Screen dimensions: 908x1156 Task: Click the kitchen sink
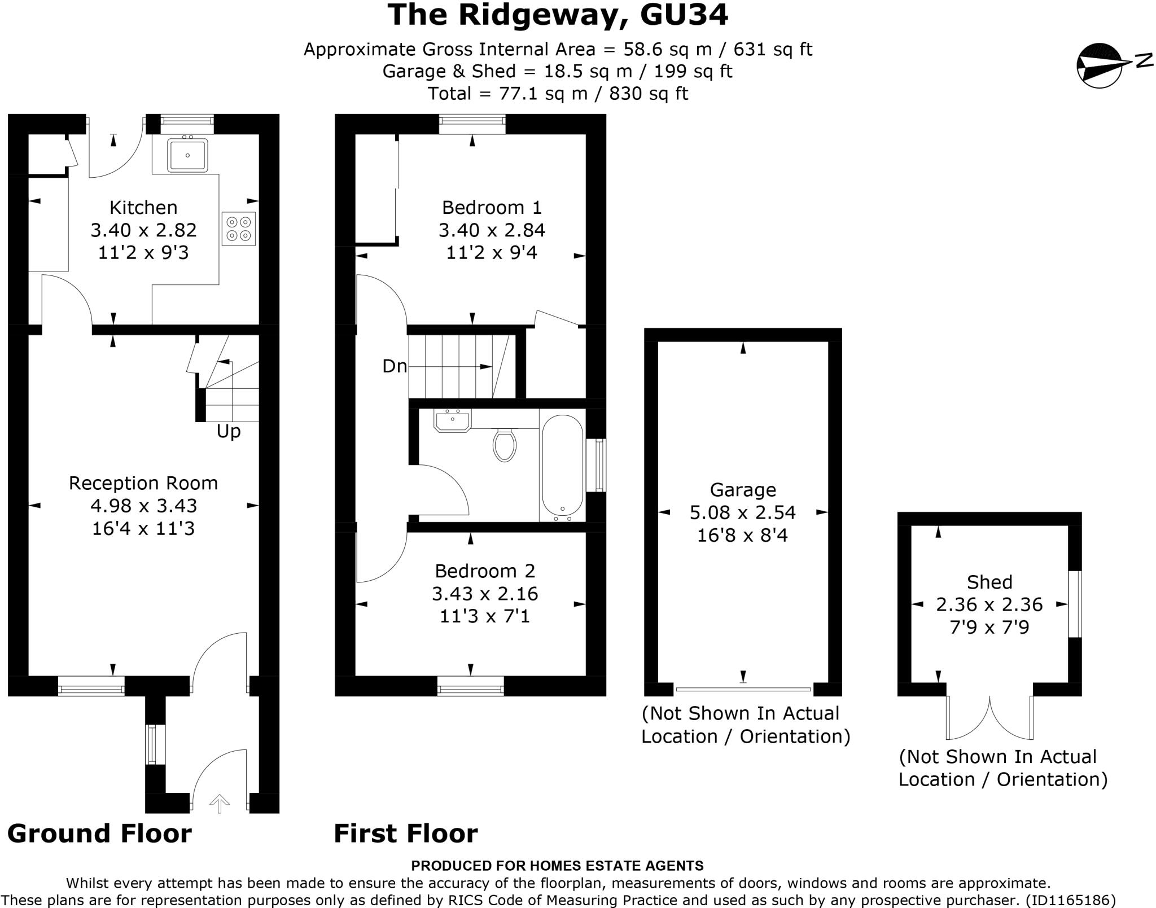point(187,155)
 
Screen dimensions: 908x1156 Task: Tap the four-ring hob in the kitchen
point(238,229)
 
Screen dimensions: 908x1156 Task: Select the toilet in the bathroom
point(504,445)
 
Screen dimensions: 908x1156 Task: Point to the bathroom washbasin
point(452,420)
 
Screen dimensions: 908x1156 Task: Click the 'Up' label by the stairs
point(229,431)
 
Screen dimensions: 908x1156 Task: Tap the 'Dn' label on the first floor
point(394,366)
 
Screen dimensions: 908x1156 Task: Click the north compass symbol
point(1101,66)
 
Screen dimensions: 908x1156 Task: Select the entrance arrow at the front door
point(220,803)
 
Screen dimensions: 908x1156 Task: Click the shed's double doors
point(989,718)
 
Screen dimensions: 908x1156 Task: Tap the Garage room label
point(742,489)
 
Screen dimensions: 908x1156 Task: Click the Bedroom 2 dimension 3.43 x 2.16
point(485,594)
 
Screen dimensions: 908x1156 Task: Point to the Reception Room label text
point(143,483)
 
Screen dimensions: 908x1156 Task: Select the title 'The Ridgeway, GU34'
point(558,15)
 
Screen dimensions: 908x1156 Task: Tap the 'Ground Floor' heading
point(99,834)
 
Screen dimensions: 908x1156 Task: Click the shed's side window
point(1075,604)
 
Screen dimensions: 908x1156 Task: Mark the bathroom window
point(595,465)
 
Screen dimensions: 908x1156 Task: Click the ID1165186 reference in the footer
point(1069,900)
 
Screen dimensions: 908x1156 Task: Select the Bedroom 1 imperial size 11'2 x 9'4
point(491,252)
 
